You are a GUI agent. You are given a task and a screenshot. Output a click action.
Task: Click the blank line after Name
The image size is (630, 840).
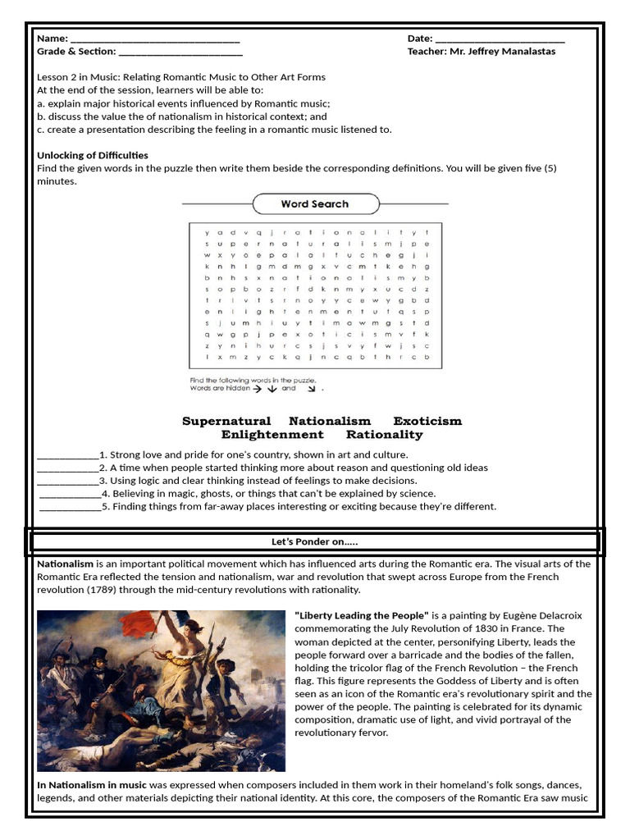(x=155, y=39)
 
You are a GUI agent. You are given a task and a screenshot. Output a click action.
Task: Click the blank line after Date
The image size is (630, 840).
(x=500, y=39)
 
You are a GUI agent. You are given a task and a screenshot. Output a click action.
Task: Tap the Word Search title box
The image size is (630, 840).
(x=315, y=204)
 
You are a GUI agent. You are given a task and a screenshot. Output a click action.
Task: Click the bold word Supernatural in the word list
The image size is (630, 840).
(x=226, y=421)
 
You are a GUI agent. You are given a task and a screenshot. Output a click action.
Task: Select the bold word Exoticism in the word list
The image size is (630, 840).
(x=427, y=421)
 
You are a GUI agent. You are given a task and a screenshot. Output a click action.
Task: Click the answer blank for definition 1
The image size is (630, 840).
(x=68, y=455)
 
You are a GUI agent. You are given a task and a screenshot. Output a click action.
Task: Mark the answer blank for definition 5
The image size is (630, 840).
(x=70, y=507)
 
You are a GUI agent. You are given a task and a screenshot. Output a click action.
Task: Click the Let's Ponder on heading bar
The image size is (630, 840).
(x=315, y=542)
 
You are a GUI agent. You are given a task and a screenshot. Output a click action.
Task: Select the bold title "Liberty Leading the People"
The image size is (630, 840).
(x=362, y=615)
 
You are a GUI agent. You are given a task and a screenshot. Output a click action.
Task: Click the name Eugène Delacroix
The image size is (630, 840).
(x=541, y=615)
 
